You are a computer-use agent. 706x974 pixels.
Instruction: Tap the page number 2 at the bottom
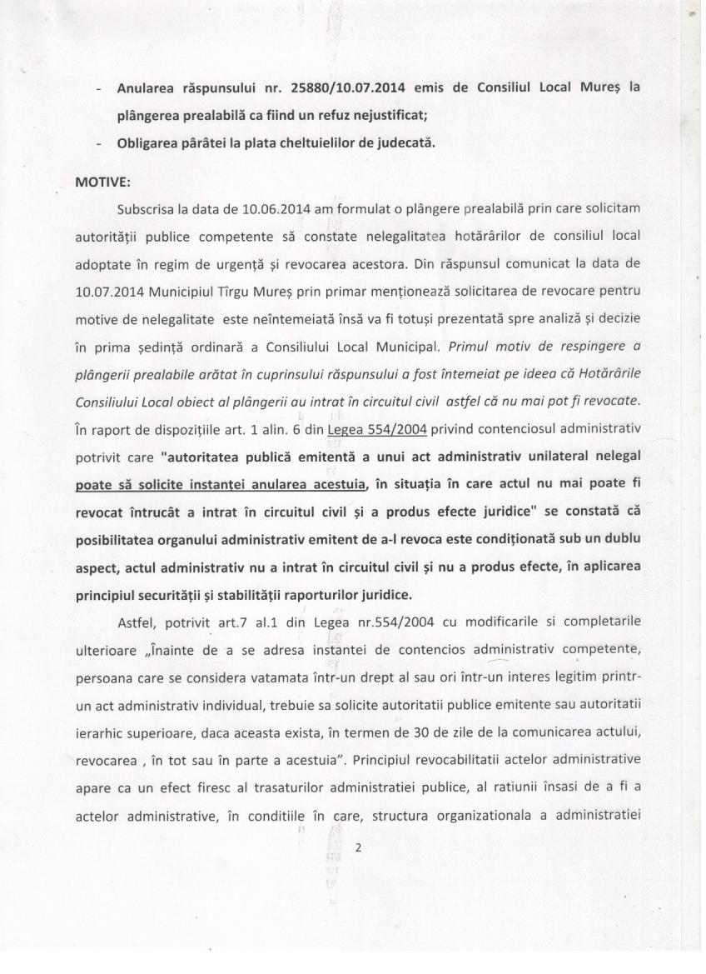pos(359,848)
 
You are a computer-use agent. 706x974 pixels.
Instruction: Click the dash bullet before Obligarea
pos(100,143)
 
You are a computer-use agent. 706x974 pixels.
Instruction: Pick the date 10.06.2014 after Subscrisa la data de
pos(255,206)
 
